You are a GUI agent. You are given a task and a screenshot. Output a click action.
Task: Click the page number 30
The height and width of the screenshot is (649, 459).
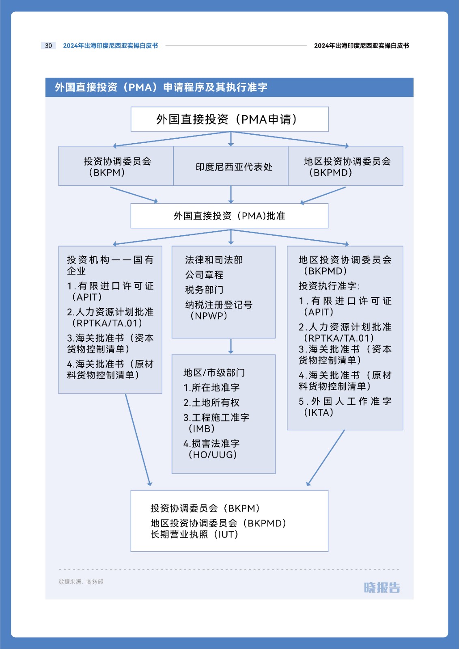click(x=48, y=45)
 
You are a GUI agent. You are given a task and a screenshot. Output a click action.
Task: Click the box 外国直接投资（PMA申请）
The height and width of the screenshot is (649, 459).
click(x=230, y=119)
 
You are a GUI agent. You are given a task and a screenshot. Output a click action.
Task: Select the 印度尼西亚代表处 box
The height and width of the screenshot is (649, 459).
click(x=231, y=166)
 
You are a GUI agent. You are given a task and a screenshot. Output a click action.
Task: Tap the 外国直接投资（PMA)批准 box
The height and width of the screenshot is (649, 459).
click(x=229, y=216)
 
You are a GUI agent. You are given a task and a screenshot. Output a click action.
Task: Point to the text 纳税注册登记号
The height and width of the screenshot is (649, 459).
click(x=219, y=305)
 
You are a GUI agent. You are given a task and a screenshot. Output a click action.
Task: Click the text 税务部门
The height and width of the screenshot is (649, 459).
click(x=205, y=290)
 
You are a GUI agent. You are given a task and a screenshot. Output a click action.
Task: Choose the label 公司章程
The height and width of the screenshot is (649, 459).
click(x=205, y=275)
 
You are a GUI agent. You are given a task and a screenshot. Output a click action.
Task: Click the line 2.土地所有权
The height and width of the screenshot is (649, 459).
click(x=211, y=402)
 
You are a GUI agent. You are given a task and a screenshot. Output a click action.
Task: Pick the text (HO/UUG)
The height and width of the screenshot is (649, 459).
click(x=213, y=455)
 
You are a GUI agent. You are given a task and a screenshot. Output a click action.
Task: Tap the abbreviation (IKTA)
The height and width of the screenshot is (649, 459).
click(x=318, y=412)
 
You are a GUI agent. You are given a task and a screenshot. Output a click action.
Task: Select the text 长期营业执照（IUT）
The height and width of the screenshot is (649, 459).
click(x=194, y=534)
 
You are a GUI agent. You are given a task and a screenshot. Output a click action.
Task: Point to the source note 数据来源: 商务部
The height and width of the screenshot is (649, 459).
click(x=81, y=582)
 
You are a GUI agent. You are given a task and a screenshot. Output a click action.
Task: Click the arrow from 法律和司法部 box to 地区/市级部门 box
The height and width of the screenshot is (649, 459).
click(x=231, y=346)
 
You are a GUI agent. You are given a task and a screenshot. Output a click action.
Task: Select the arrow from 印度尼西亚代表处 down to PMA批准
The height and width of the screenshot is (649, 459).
click(x=231, y=194)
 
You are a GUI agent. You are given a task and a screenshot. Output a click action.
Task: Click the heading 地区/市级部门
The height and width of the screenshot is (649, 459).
click(x=214, y=373)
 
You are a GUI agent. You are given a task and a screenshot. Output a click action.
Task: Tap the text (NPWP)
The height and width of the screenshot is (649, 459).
click(x=209, y=316)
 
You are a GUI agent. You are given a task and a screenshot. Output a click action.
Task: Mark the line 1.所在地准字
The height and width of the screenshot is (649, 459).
click(x=211, y=387)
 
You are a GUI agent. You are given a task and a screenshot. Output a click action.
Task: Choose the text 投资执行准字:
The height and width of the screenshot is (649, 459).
click(x=330, y=286)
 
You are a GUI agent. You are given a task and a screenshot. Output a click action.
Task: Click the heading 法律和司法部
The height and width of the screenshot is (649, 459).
click(x=214, y=260)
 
